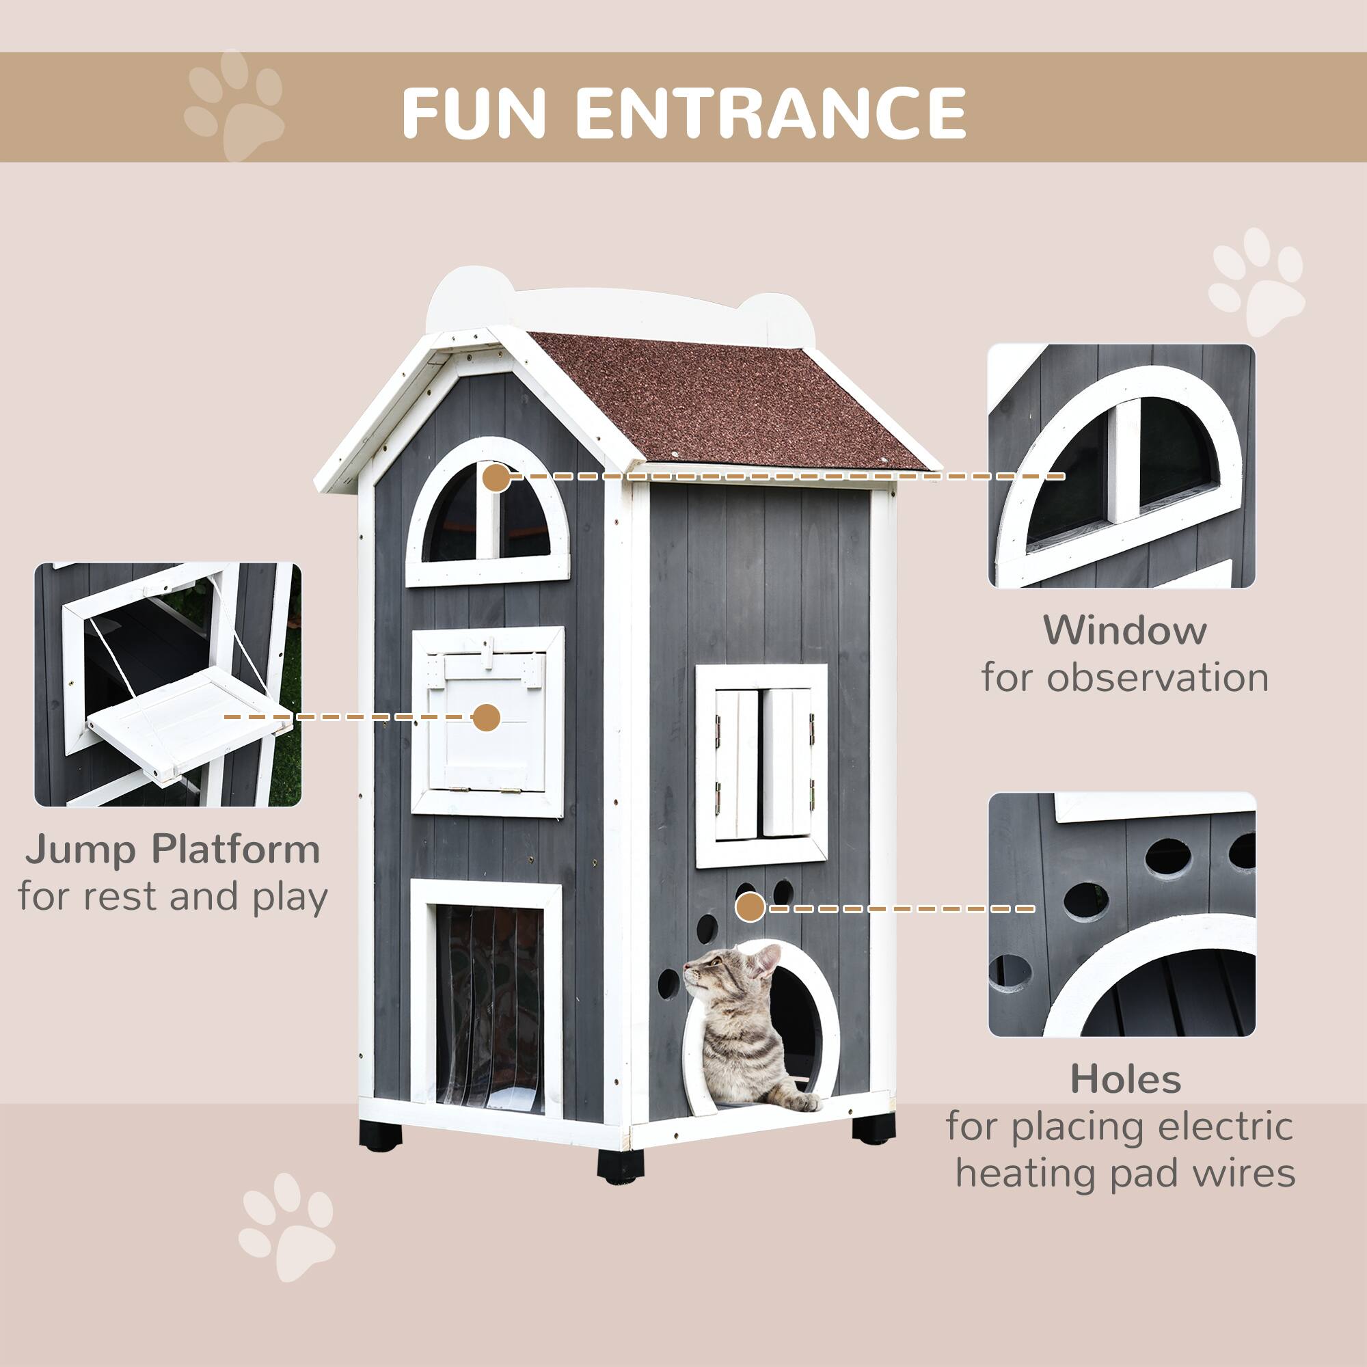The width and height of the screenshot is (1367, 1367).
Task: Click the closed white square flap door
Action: (x=488, y=722)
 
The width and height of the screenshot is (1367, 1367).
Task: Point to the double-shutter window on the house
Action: (x=761, y=766)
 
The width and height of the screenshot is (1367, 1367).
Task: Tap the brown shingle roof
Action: (x=729, y=400)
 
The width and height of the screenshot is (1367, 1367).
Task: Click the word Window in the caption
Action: (x=1124, y=630)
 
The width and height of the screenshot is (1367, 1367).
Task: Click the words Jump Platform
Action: (x=174, y=850)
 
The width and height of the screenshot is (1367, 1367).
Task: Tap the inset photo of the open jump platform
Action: (x=167, y=685)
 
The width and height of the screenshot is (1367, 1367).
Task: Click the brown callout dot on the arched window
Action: (x=497, y=478)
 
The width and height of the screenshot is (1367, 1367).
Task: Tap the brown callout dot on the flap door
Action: (x=486, y=718)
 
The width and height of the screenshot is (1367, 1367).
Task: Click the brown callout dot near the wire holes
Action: (x=750, y=908)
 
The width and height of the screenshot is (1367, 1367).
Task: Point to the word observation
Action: (x=1158, y=678)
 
